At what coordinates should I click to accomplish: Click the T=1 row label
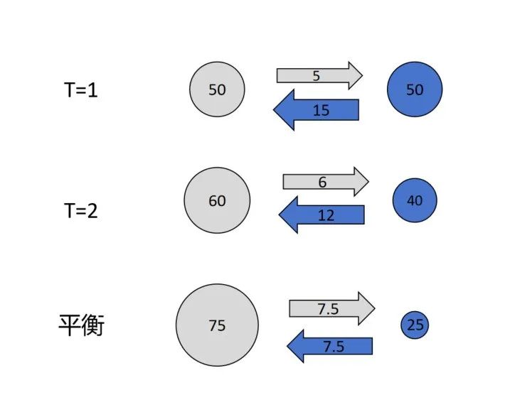pyautogui.click(x=79, y=90)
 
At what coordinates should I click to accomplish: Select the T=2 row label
pyautogui.click(x=79, y=210)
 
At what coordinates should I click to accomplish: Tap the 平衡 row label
pyautogui.click(x=81, y=326)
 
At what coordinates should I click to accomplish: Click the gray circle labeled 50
pyautogui.click(x=217, y=90)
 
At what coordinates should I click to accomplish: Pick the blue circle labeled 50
pyautogui.click(x=415, y=90)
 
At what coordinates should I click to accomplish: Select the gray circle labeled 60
pyautogui.click(x=217, y=201)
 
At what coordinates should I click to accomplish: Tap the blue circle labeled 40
pyautogui.click(x=415, y=201)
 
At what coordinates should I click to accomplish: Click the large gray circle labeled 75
pyautogui.click(x=217, y=325)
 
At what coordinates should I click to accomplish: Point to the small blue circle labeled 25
pyautogui.click(x=415, y=325)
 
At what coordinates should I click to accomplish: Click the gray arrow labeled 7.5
pyautogui.click(x=331, y=308)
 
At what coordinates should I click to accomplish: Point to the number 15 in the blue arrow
pyautogui.click(x=321, y=110)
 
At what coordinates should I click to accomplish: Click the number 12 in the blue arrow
pyautogui.click(x=326, y=215)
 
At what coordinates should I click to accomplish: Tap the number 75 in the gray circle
pyautogui.click(x=217, y=325)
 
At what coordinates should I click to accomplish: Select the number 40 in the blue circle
pyautogui.click(x=415, y=201)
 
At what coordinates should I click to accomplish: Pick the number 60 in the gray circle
pyautogui.click(x=217, y=201)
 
